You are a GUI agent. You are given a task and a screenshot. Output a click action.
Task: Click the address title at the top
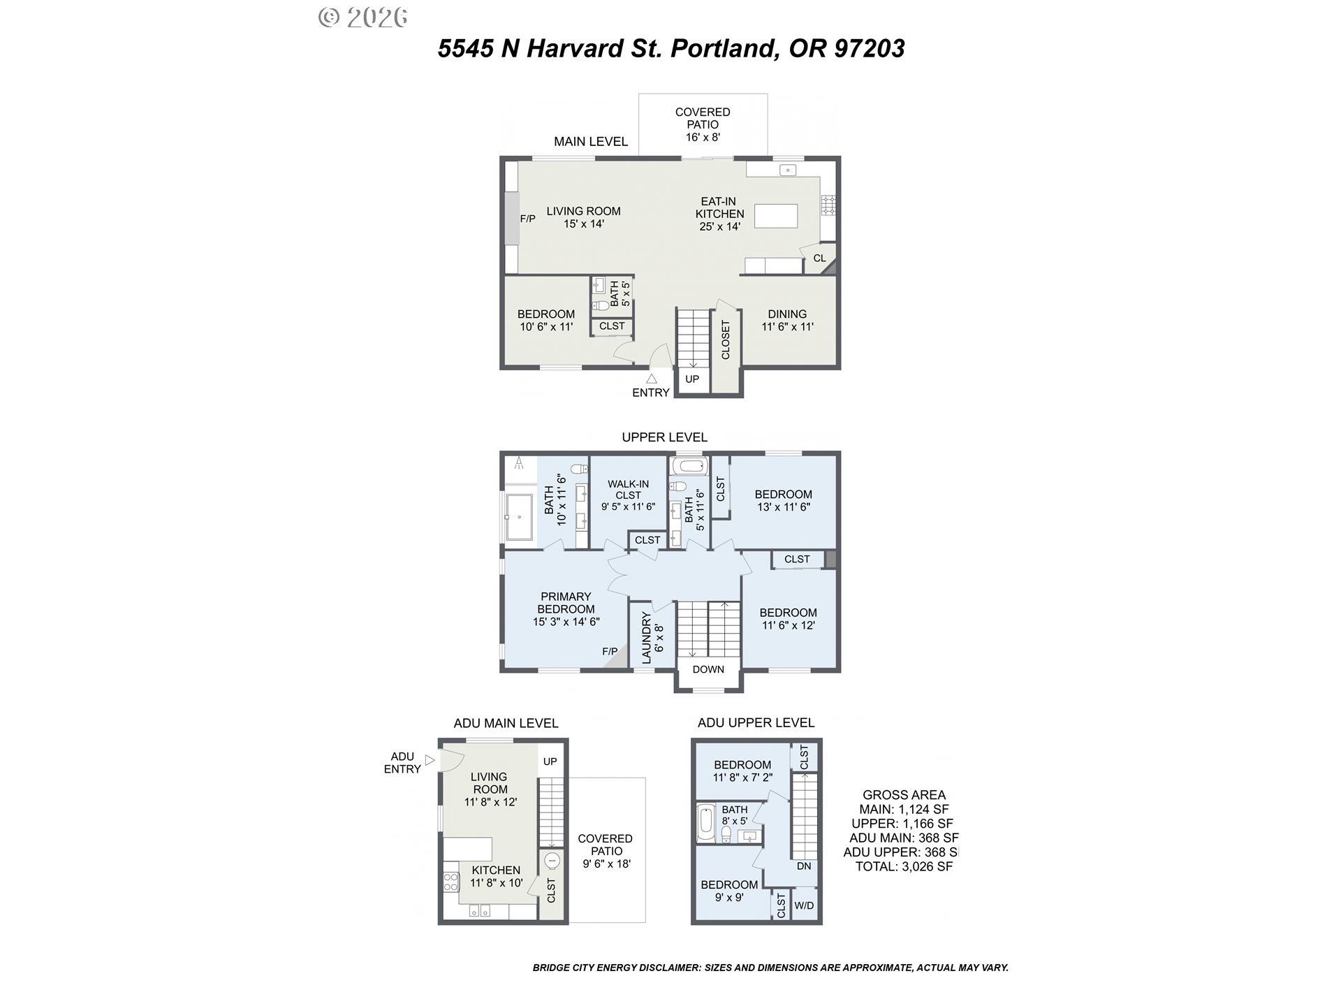point(671,48)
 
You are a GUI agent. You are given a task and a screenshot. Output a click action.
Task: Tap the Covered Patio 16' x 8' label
point(703,124)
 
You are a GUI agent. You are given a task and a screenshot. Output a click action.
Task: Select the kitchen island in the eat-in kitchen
point(776,216)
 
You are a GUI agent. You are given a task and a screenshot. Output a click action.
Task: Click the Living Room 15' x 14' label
point(583,217)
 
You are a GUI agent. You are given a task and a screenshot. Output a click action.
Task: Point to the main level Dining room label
point(787,320)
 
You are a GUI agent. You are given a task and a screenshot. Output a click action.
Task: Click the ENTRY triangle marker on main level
point(651,378)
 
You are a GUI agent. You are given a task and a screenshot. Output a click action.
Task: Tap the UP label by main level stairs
point(692,379)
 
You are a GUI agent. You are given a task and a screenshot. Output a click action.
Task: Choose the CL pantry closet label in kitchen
point(819,258)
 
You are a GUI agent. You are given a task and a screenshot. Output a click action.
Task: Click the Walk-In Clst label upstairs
point(628,495)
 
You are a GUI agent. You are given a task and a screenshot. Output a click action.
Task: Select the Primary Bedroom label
point(566,609)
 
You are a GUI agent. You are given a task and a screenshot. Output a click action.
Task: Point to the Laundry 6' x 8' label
point(652,638)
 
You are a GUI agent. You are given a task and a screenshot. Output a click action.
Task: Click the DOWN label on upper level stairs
point(708,669)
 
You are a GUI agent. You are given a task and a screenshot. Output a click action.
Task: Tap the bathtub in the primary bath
point(519,517)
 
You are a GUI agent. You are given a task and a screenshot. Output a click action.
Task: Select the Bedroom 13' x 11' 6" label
point(784,501)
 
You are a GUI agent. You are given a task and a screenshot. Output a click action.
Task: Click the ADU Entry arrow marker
point(430,759)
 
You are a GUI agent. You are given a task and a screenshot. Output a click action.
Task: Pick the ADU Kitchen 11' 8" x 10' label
point(496,877)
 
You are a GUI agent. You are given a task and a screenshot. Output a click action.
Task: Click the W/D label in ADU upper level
point(804,905)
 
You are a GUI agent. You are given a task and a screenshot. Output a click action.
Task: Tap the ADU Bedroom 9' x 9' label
point(729,891)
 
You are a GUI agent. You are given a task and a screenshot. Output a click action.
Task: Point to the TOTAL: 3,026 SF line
point(904,867)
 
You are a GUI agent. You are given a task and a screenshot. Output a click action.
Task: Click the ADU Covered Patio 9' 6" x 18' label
point(606,851)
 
